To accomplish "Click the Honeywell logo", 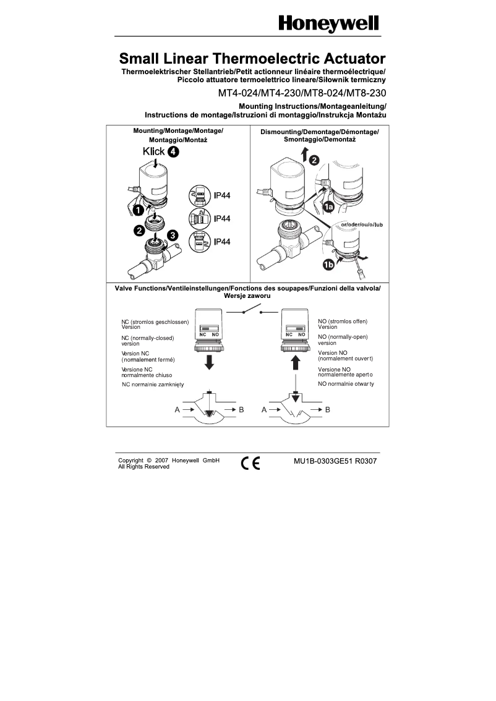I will [328, 24].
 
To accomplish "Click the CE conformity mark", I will [250, 464].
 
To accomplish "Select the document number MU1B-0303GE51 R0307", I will [335, 461].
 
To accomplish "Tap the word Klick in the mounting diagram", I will [153, 151].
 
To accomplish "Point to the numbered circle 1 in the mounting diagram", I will [138, 210].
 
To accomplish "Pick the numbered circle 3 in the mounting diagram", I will [173, 236].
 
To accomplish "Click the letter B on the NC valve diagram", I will [241, 409].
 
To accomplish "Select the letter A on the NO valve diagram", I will [264, 409].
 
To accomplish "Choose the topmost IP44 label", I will [222, 195].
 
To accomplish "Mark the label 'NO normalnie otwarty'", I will [346, 384].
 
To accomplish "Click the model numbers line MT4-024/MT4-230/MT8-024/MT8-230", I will [302, 93].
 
